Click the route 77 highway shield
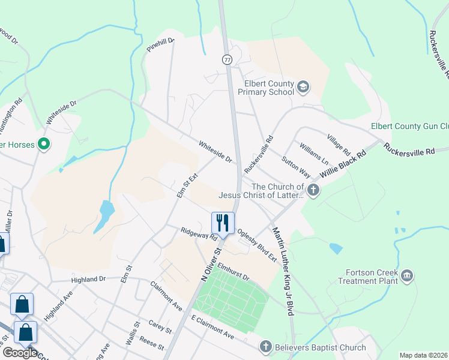226,60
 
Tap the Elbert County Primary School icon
303,88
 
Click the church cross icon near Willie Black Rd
313,190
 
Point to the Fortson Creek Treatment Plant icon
407,276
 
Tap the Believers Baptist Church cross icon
266,347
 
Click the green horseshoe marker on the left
43,145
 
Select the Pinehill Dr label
160,44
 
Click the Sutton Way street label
296,167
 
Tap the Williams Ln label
314,154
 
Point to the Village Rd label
338,143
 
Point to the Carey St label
160,326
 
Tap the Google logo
19,352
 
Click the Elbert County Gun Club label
411,126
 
